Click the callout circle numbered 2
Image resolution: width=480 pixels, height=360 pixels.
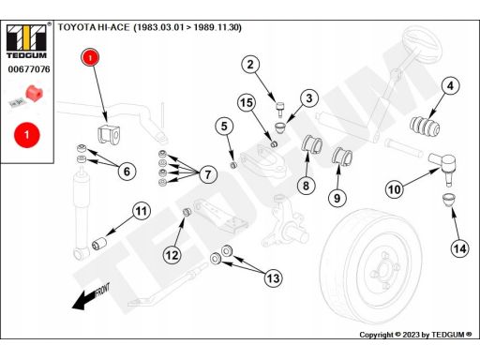[x=250, y=65]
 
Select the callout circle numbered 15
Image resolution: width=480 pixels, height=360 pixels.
[x=247, y=102]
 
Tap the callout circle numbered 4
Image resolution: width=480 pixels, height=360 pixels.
[x=450, y=85]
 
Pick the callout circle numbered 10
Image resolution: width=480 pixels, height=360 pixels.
[x=395, y=189]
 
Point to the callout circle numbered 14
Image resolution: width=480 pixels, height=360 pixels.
[x=459, y=248]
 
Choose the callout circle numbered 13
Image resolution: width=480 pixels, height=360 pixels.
[x=274, y=277]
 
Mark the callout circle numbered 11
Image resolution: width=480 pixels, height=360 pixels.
[x=142, y=211]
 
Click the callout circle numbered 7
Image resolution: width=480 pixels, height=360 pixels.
[x=208, y=174]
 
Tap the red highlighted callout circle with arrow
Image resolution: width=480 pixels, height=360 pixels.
[x=90, y=57]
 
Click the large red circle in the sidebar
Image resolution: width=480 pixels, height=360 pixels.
[x=27, y=135]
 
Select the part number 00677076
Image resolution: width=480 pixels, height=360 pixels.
[x=29, y=68]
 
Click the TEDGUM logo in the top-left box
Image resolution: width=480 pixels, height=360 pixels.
[x=26, y=40]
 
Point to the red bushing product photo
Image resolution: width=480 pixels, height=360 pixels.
[x=34, y=93]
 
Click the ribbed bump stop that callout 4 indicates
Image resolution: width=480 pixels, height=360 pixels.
[x=425, y=127]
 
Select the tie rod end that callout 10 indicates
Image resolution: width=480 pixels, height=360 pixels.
[x=442, y=167]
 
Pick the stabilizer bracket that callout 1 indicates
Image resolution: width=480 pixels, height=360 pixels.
[x=109, y=134]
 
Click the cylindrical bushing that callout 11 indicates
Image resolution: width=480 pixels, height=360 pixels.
[x=99, y=243]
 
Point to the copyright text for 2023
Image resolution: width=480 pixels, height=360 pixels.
[x=415, y=335]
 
